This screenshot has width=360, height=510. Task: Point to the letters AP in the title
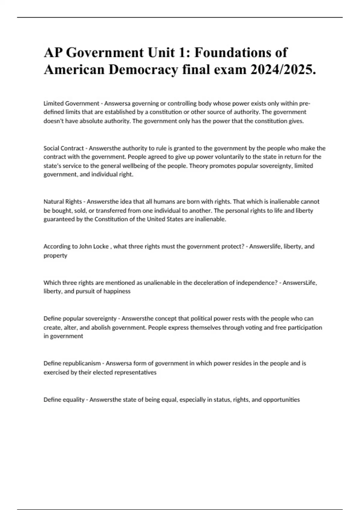tap(53, 53)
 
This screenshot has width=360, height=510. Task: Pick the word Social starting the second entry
tap(51, 148)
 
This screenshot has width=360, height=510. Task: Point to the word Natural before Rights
tap(53, 202)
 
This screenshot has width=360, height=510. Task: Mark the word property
tap(55, 256)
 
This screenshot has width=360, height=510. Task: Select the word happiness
tap(117, 291)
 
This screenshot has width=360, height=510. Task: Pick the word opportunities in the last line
tap(281, 400)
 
